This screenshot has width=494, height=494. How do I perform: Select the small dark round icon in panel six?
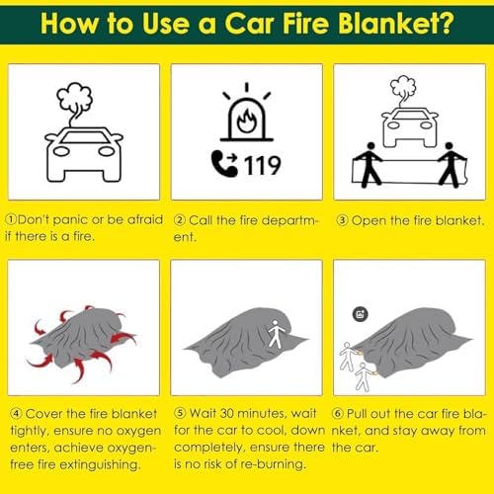tap(358, 313)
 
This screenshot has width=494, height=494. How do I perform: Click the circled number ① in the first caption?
tap(12, 219)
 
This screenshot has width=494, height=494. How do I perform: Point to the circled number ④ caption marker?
tap(12, 410)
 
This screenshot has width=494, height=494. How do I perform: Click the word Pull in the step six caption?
tap(368, 410)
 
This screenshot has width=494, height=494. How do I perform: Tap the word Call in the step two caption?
tap(206, 219)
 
